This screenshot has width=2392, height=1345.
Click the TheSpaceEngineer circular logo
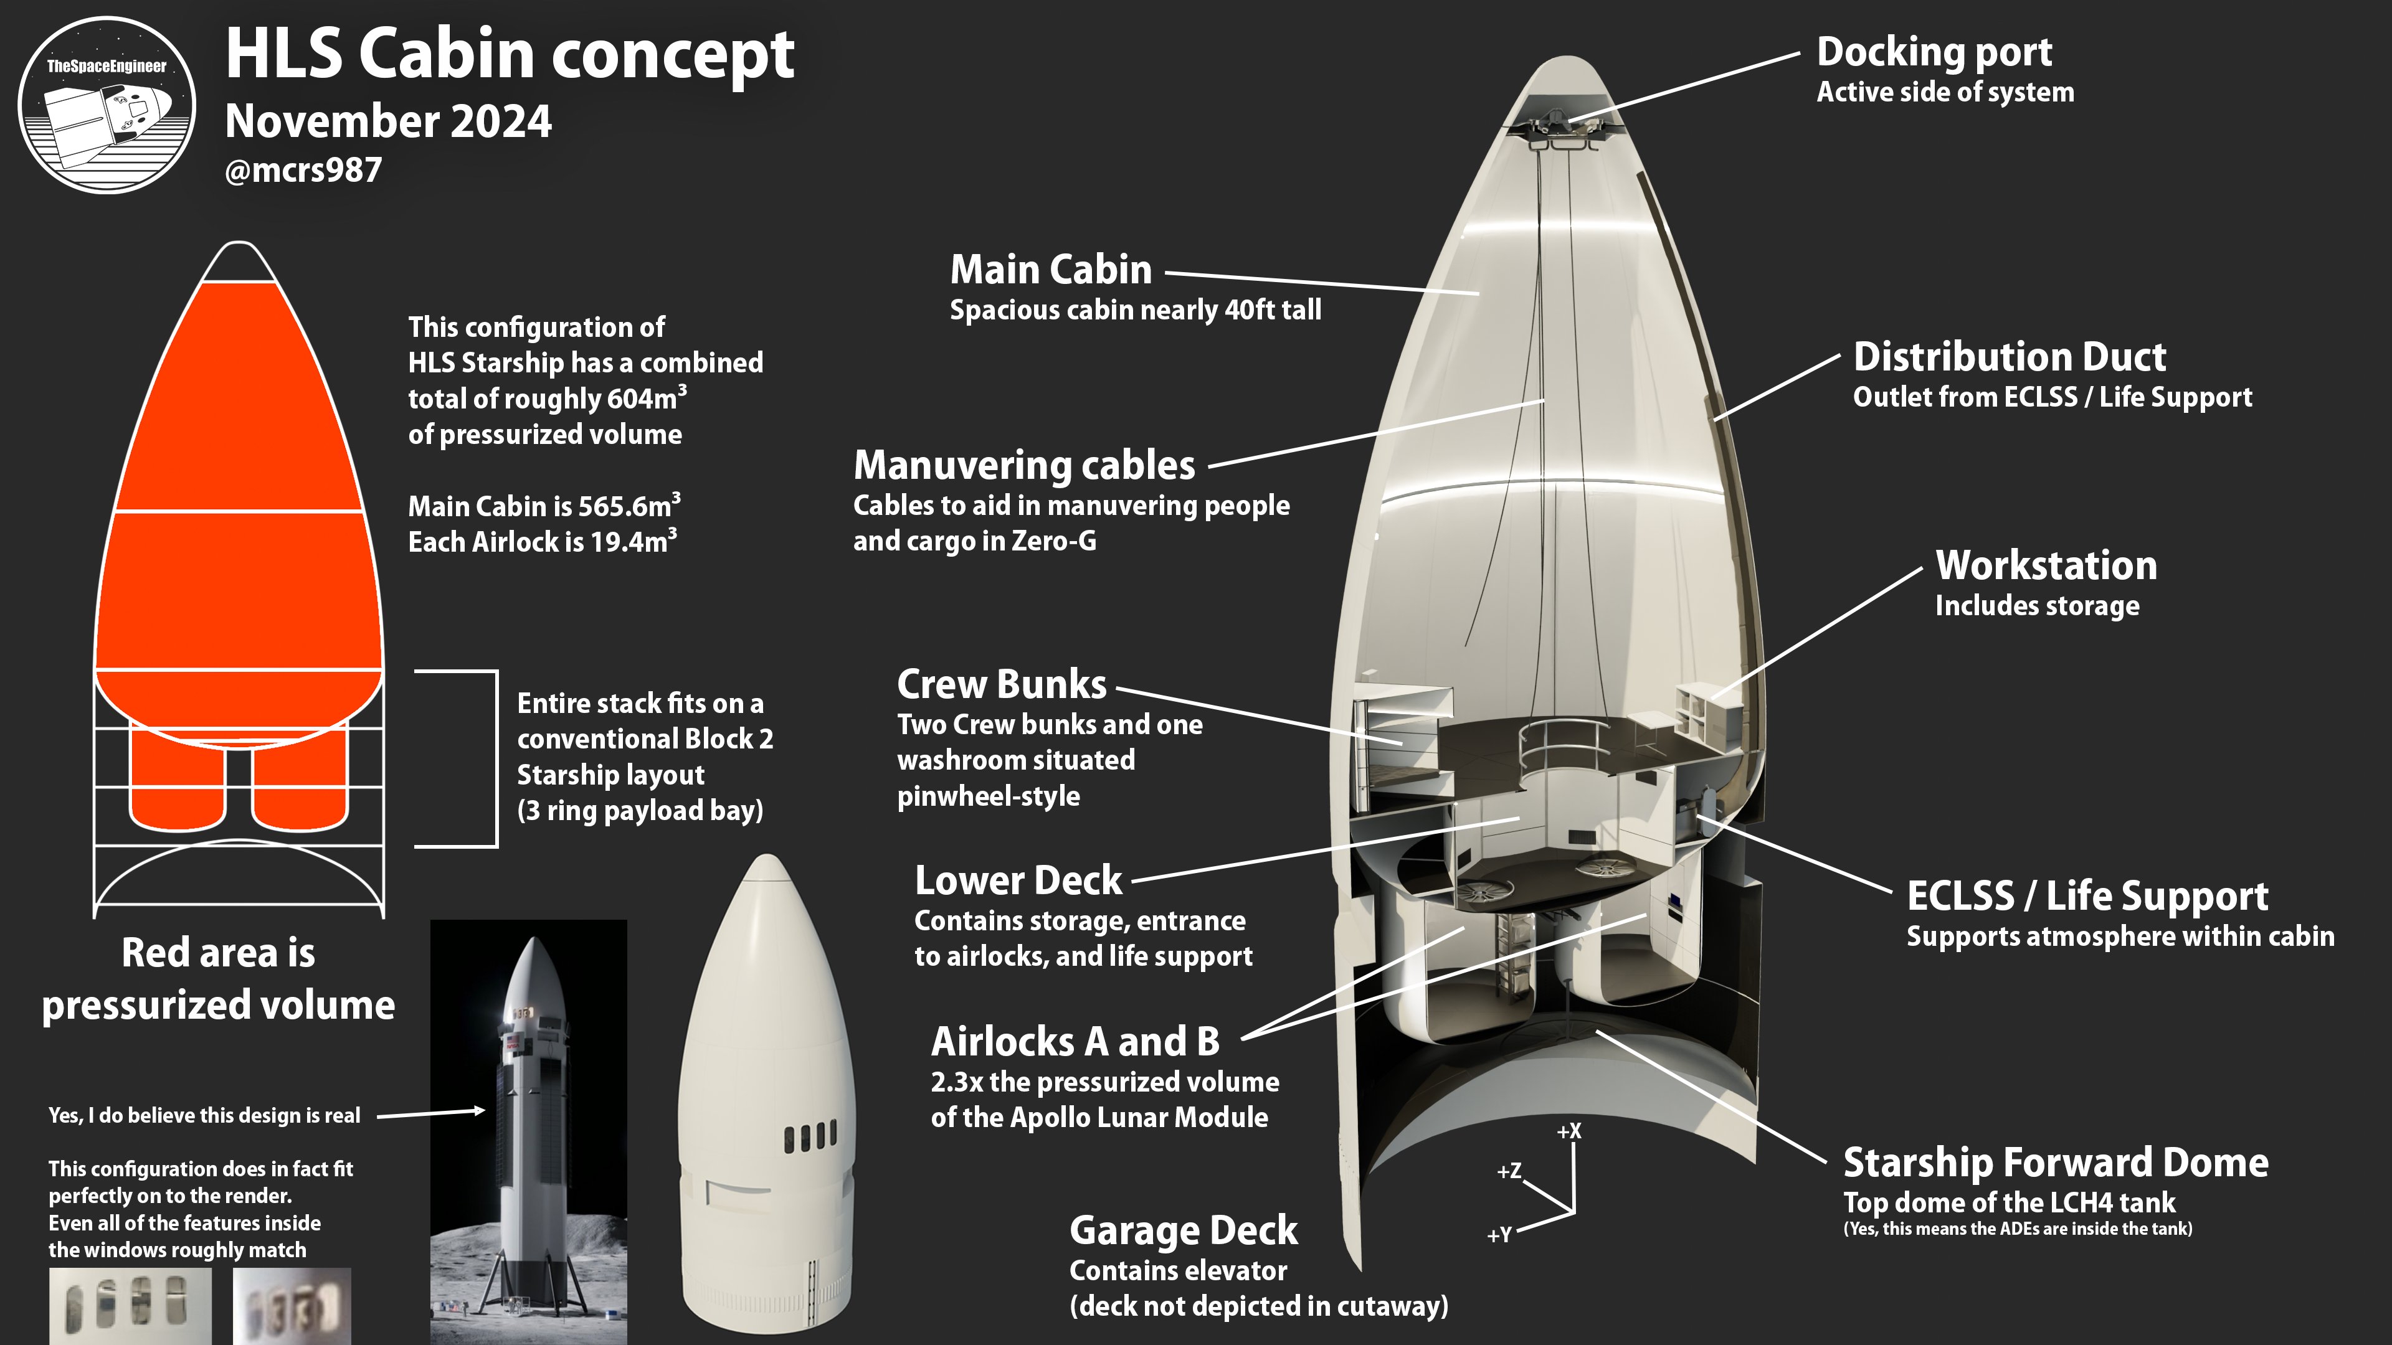pyautogui.click(x=107, y=105)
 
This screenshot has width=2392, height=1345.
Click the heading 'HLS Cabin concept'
pyautogui.click(x=509, y=54)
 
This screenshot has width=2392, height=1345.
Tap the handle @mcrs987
pyautogui.click(x=303, y=170)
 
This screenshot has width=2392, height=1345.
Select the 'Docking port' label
pyautogui.click(x=1934, y=52)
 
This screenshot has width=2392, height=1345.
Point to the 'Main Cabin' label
pyautogui.click(x=1050, y=269)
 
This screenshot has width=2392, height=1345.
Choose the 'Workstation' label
pyautogui.click(x=2046, y=565)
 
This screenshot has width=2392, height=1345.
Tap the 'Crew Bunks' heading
pyautogui.click(x=1001, y=684)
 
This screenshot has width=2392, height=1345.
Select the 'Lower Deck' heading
pyautogui.click(x=1018, y=880)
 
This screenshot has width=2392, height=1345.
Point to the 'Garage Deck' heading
pyautogui.click(x=1183, y=1231)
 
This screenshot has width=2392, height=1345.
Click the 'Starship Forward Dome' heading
pyautogui.click(x=2055, y=1162)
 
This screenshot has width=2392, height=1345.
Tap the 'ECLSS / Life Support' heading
pyautogui.click(x=2087, y=896)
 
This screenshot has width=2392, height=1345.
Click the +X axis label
pyautogui.click(x=1569, y=1131)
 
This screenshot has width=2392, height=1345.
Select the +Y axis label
pyautogui.click(x=1499, y=1235)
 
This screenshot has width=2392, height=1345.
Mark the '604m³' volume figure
pyautogui.click(x=647, y=399)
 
